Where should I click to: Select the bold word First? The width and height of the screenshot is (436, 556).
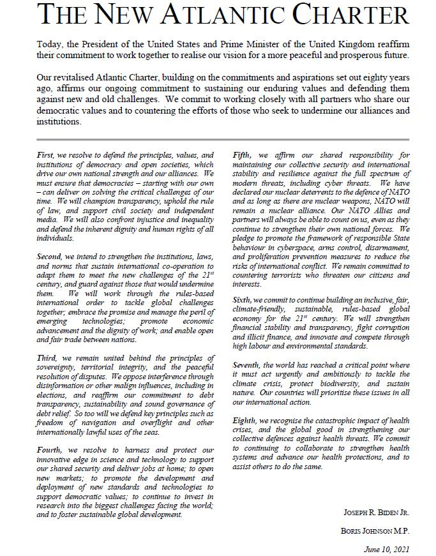pyautogui.click(x=46, y=155)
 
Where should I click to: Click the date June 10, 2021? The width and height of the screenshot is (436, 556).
pyautogui.click(x=386, y=549)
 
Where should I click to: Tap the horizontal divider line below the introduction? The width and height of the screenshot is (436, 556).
pyautogui.click(x=223, y=139)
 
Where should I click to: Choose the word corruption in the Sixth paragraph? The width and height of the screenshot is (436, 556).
pyautogui.click(x=387, y=327)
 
